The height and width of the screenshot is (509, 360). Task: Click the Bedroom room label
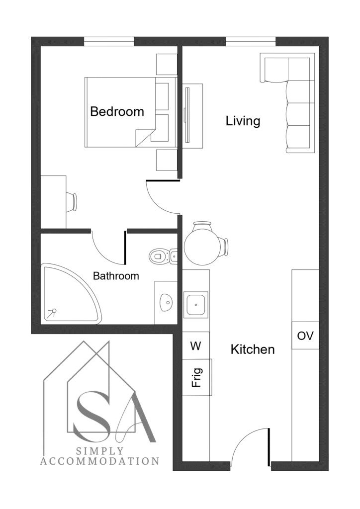pyautogui.click(x=117, y=111)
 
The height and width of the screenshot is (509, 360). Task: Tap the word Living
pyautogui.click(x=243, y=121)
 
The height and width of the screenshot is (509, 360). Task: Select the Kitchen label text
pyautogui.click(x=253, y=349)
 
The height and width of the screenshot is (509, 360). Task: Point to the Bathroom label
pyautogui.click(x=116, y=276)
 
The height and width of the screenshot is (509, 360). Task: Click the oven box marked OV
pyautogui.click(x=305, y=336)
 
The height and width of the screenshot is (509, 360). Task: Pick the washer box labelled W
pyautogui.click(x=196, y=346)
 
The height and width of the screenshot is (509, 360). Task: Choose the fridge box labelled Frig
pyautogui.click(x=197, y=377)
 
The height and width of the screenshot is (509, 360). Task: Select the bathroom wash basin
pyautogui.click(x=166, y=303)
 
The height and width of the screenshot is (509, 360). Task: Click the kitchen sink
pyautogui.click(x=195, y=305)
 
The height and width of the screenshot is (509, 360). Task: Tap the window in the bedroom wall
pyautogui.click(x=109, y=42)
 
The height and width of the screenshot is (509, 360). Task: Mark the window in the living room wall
pyautogui.click(x=251, y=42)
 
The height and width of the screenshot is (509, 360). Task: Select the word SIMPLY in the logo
pyautogui.click(x=100, y=451)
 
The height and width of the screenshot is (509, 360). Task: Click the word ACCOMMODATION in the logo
pyautogui.click(x=99, y=461)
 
